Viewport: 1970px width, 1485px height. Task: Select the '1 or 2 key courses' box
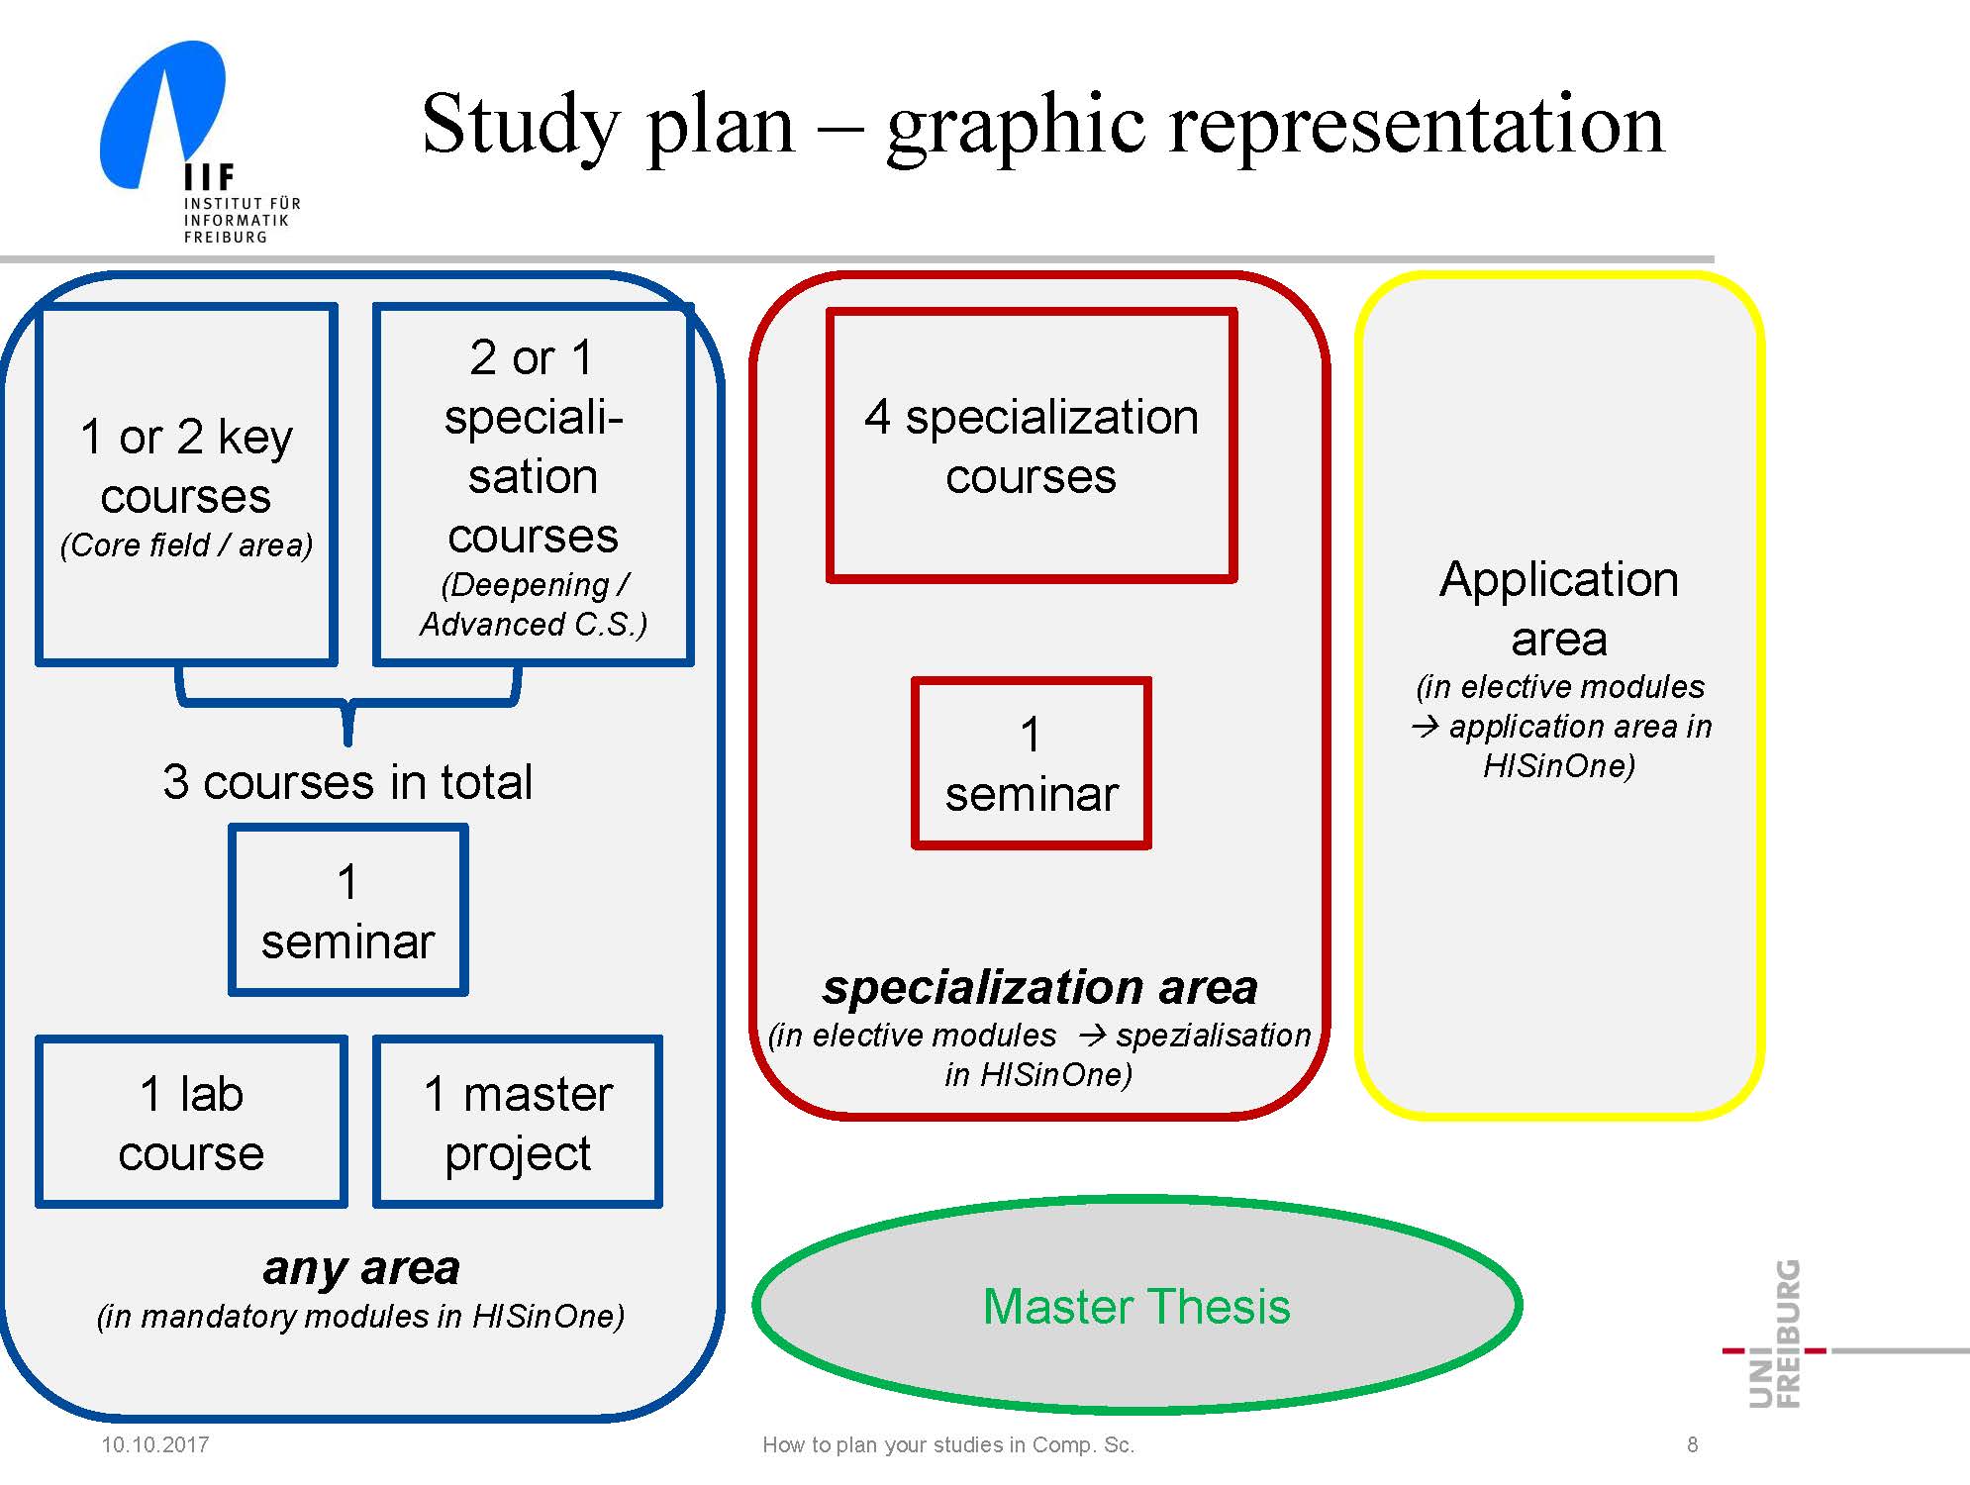(x=186, y=484)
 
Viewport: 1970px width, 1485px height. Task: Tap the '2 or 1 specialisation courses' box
(x=533, y=484)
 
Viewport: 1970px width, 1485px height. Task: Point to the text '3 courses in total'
(x=347, y=782)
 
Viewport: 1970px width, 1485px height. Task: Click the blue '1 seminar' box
(x=347, y=910)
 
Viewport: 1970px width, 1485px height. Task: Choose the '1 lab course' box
(x=191, y=1122)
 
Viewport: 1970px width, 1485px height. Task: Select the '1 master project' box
(x=518, y=1122)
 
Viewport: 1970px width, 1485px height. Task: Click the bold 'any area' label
(x=361, y=1268)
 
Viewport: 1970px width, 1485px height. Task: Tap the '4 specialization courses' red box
(x=1031, y=445)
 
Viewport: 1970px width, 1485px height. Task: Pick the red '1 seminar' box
(x=1031, y=763)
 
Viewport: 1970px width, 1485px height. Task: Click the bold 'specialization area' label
(x=1039, y=987)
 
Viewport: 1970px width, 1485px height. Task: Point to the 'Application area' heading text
(x=1559, y=608)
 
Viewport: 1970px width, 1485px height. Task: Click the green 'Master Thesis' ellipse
(x=1136, y=1306)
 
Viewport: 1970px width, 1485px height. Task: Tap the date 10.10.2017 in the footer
(x=155, y=1444)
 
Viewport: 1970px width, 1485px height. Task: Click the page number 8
(x=1692, y=1444)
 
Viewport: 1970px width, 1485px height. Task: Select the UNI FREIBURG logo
(x=1776, y=1334)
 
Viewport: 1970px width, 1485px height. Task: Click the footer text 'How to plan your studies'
(x=948, y=1444)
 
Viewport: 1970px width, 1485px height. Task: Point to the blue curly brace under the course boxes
(x=347, y=705)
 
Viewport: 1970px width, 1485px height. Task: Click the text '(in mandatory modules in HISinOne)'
(x=360, y=1317)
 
